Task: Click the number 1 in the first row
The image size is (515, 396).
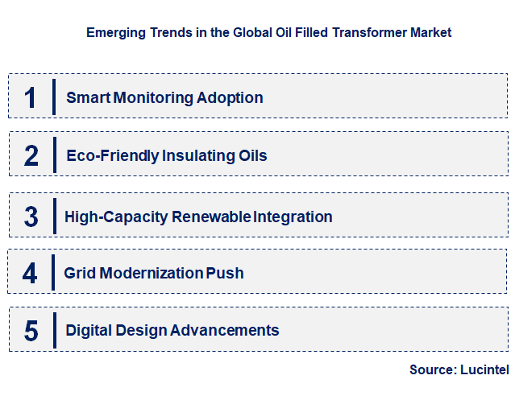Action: pos(31,97)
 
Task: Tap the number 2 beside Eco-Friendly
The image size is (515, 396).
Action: pos(31,155)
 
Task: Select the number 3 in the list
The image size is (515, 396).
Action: pos(31,217)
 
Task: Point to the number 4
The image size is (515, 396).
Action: pos(30,274)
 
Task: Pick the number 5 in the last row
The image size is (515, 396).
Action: pos(31,330)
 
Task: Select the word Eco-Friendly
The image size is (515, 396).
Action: pos(112,155)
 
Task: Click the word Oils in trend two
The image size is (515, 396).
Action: pos(250,155)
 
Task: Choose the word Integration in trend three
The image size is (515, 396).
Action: pos(293,217)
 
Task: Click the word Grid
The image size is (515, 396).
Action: pos(80,274)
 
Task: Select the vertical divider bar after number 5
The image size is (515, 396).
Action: pos(54,330)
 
